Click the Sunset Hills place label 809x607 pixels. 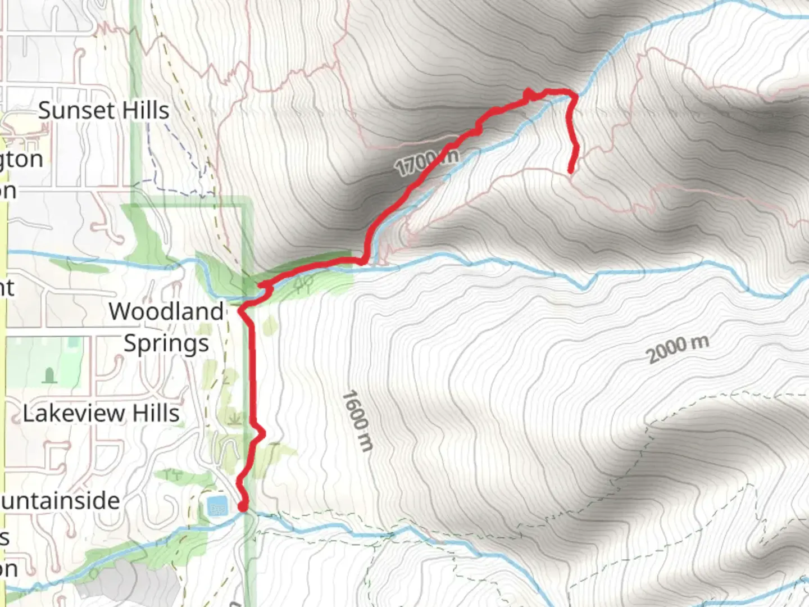click(x=103, y=110)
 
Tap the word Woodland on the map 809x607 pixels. click(x=166, y=311)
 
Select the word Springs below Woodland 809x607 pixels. click(x=166, y=343)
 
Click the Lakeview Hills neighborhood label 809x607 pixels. click(x=101, y=414)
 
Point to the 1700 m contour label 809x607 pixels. click(x=426, y=162)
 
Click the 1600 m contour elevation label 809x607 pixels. click(x=357, y=421)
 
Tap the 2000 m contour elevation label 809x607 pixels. click(x=678, y=350)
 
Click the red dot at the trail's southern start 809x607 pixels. click(x=243, y=507)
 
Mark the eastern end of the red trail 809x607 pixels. click(x=571, y=171)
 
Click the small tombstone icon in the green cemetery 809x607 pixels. click(x=49, y=374)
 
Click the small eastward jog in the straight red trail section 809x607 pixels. click(x=260, y=432)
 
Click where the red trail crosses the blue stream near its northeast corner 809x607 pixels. click(x=575, y=97)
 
